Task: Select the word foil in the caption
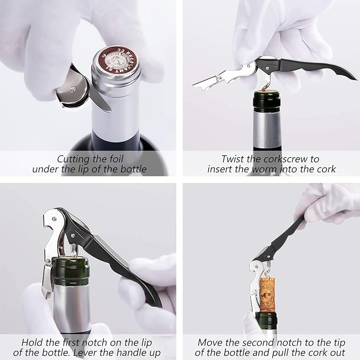pyautogui.click(x=112, y=159)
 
